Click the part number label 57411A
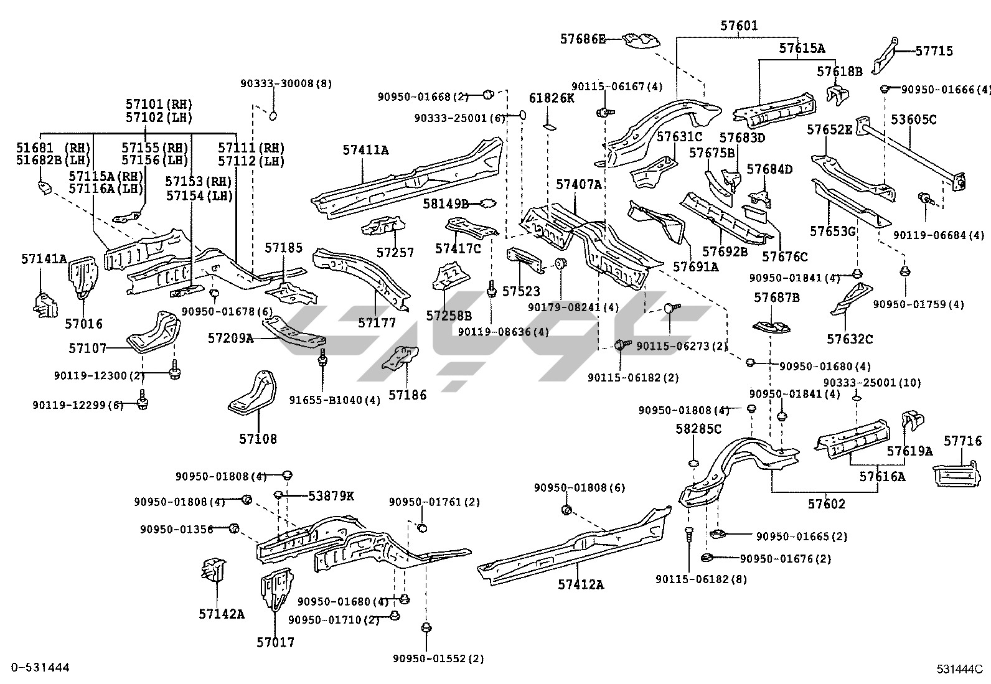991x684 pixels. tap(365, 150)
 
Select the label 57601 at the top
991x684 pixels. tap(739, 26)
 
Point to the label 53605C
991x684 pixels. tap(913, 119)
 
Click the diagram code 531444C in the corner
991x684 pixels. tap(959, 669)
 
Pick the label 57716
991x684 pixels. tap(962, 441)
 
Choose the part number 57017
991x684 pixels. tap(275, 642)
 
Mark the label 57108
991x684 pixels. tap(258, 439)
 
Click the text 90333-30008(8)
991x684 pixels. tap(286, 83)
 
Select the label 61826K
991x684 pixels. tap(552, 98)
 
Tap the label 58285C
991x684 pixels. tap(698, 429)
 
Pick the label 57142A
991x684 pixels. tap(222, 614)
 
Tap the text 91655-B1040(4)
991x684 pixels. tap(335, 400)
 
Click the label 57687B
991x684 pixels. tap(776, 297)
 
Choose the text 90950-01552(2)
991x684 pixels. tap(438, 658)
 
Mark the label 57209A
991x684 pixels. tap(230, 339)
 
